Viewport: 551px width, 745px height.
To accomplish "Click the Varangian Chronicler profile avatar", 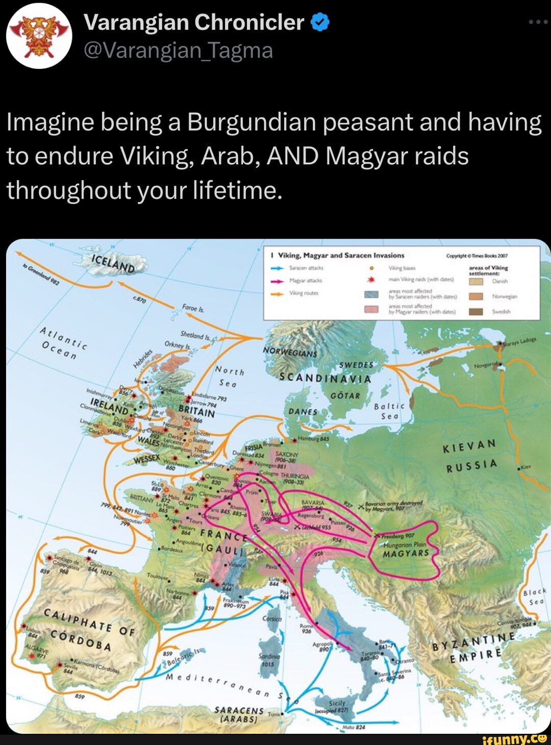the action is click(39, 36).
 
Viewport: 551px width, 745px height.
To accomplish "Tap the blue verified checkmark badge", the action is click(320, 22).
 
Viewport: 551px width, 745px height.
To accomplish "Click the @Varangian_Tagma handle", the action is click(178, 51).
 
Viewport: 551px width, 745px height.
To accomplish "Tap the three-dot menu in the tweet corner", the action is click(538, 22).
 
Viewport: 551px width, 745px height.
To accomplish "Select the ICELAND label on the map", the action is click(113, 263).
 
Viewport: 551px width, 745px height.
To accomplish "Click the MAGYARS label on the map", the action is click(406, 553).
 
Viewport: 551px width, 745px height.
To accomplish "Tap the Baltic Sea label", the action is click(389, 411).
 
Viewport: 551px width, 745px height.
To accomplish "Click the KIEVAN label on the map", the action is click(469, 446).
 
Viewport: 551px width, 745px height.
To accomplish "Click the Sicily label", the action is click(337, 703).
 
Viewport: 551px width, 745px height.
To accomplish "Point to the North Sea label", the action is click(229, 377).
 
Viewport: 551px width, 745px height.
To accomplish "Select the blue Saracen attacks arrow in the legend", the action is click(277, 267).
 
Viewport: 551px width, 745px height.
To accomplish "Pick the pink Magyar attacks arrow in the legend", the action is click(277, 281).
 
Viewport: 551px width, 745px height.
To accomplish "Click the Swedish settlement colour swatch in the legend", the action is click(475, 311).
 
